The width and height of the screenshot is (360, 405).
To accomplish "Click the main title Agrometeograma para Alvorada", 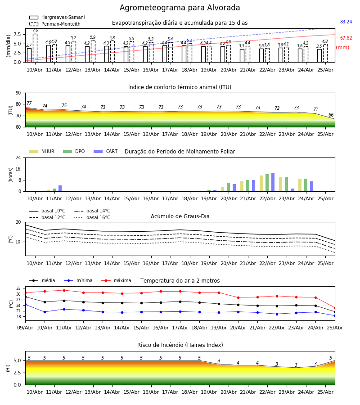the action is (x=180, y=8).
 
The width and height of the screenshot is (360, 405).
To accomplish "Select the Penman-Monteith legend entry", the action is (x=55, y=24).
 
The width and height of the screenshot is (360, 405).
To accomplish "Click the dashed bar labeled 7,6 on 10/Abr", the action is (x=35, y=48).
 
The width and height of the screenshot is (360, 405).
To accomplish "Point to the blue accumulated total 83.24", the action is (x=346, y=22).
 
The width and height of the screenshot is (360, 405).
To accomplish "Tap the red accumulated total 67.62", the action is (x=346, y=38).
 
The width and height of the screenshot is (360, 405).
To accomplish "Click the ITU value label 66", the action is (x=331, y=115).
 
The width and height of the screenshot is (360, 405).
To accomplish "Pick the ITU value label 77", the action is (x=29, y=103).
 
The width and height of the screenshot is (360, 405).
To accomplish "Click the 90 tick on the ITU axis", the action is (x=18, y=93).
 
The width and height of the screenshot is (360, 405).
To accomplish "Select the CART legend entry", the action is (x=106, y=151).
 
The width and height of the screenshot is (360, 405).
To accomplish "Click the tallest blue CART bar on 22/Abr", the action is (x=273, y=182).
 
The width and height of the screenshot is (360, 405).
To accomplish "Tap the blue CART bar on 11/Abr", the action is (x=60, y=188).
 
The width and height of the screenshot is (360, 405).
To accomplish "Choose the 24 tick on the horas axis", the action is (x=18, y=157).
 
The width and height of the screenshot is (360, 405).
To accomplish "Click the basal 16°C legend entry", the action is (x=92, y=217).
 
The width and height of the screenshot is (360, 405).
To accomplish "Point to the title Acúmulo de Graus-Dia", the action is (x=180, y=216).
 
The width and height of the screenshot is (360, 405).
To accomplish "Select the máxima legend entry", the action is (x=116, y=280).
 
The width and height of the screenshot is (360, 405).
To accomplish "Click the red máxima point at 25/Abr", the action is (x=335, y=308).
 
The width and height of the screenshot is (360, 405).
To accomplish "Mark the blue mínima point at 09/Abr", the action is (x=25, y=305).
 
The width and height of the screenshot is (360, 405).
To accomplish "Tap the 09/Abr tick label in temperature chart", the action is (x=25, y=328).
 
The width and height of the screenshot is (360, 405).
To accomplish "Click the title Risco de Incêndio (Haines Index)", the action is (x=180, y=345).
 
